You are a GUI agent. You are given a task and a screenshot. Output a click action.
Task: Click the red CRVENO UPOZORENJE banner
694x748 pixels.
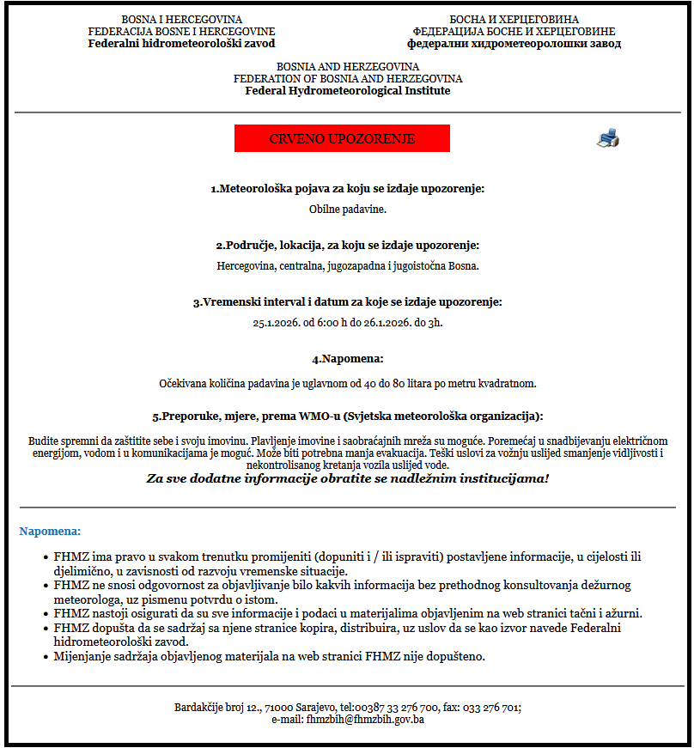pos(342,138)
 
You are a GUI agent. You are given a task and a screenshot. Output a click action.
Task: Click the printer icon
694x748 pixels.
pos(607,137)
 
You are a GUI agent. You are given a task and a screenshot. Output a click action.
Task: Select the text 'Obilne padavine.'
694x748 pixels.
pos(347,209)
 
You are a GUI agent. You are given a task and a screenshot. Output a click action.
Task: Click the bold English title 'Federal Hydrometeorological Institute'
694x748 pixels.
pos(347,90)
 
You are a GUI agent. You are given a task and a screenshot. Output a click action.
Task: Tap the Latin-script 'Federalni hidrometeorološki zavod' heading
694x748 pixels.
pos(181,43)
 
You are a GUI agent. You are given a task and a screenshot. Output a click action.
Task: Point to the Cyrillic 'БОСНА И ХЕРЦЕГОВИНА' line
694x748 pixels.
pos(514,19)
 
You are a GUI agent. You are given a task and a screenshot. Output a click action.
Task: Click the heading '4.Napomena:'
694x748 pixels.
pos(347,358)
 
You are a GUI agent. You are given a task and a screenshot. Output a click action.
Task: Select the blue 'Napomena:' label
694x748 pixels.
pos(50,532)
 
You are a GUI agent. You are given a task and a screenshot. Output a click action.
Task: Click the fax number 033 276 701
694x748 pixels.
pos(490,708)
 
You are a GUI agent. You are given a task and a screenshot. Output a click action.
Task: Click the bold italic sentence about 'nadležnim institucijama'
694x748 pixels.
pos(347,477)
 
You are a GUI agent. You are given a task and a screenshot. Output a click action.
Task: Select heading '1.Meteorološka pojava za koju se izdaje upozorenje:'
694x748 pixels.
pos(347,188)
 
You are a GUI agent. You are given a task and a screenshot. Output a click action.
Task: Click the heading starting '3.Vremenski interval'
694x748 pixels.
pos(347,302)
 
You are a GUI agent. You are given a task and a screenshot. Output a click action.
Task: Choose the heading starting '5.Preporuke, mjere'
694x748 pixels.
pos(347,417)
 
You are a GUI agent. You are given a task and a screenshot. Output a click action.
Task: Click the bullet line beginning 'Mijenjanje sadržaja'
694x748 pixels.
pos(269,657)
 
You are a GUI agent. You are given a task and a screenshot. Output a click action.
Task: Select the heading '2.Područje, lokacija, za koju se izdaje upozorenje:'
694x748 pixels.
pos(347,245)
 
